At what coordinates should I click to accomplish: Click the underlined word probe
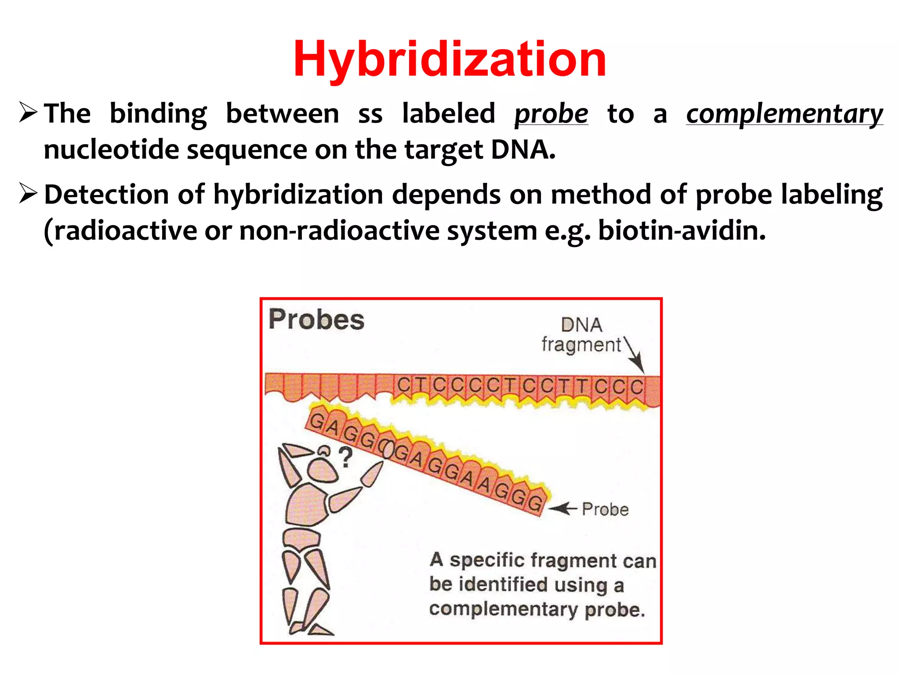pos(551,114)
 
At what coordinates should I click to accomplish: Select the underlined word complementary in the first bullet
pos(784,114)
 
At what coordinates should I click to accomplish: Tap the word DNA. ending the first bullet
pos(523,150)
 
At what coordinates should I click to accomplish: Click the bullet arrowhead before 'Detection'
pos(28,193)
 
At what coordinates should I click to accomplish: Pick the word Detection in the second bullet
pos(107,195)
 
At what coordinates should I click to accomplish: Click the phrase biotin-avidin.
pos(682,231)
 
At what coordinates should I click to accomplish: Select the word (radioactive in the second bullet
pos(120,231)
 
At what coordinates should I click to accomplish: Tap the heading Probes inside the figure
pos(316,319)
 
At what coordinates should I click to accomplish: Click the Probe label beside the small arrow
pos(605,509)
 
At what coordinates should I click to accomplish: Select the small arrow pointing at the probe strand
pos(562,508)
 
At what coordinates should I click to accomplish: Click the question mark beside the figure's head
pos(346,457)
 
